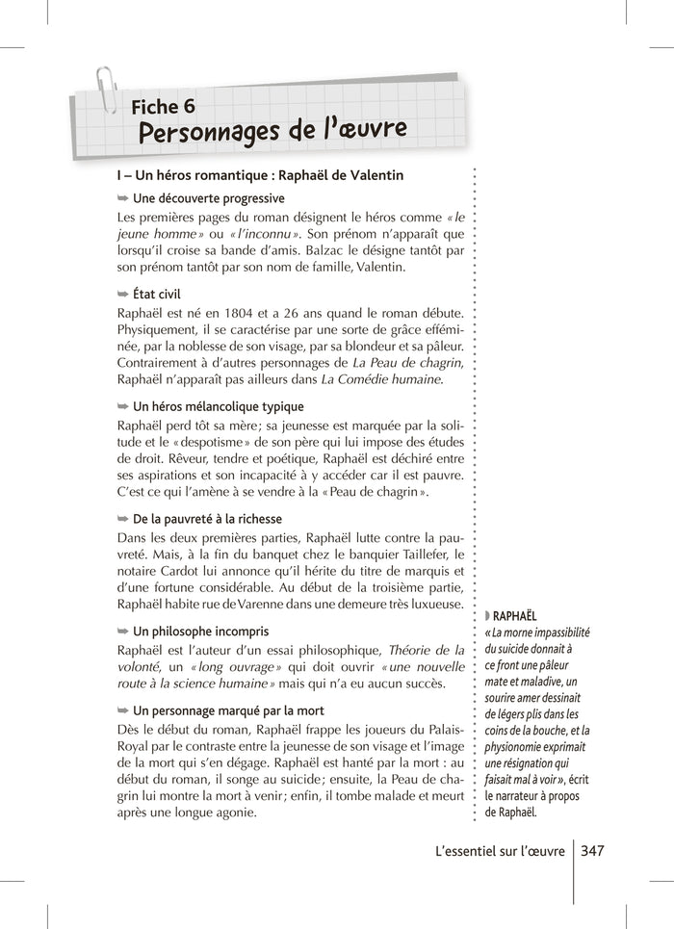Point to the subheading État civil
(x=157, y=294)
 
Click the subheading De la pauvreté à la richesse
(x=221, y=519)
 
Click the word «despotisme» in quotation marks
(x=206, y=444)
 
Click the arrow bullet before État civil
(x=122, y=294)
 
